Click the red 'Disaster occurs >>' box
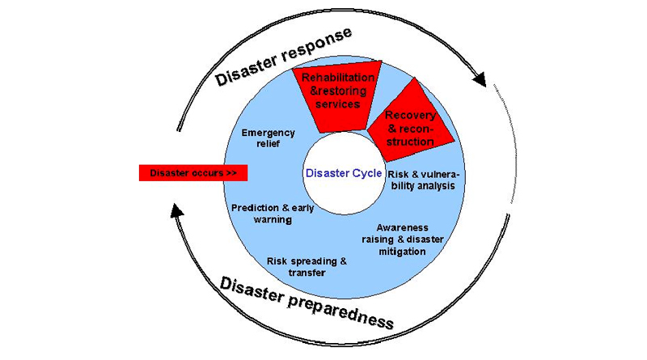point(192,173)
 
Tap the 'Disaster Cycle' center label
point(344,172)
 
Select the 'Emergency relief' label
point(269,139)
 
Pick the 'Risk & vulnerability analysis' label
point(421,180)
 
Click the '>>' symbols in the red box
point(230,173)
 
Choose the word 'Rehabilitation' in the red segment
point(338,78)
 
